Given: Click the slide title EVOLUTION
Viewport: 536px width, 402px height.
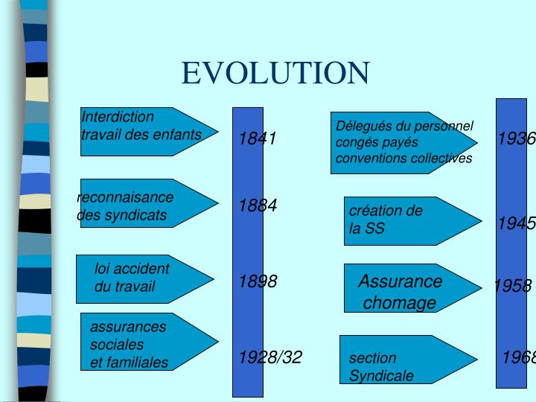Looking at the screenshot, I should click(x=275, y=73).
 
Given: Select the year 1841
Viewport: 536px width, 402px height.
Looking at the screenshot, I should click(x=258, y=138).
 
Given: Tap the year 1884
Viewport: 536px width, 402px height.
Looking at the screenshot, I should click(x=258, y=205).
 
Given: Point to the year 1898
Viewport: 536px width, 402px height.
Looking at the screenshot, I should click(x=258, y=281).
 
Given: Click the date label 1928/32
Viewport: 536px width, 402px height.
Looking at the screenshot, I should click(x=270, y=357).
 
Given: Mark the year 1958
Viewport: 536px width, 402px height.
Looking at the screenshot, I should click(x=512, y=286).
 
